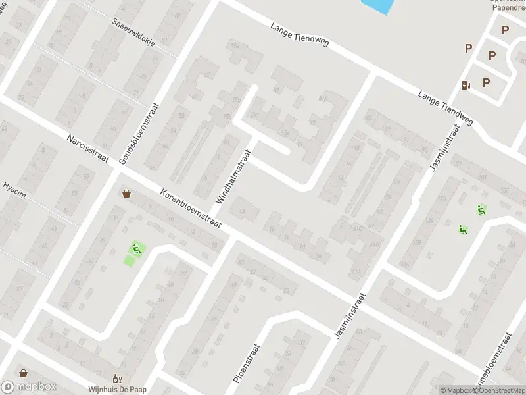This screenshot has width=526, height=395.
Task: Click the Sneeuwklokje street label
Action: pos(133,30)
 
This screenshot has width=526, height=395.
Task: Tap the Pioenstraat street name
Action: pos(247,363)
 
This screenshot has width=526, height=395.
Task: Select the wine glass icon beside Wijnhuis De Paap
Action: pos(117,379)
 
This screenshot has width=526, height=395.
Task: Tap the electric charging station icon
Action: pos(466,84)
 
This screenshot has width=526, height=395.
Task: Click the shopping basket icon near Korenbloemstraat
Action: pos(126,194)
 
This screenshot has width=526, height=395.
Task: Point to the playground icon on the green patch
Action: pos(136,248)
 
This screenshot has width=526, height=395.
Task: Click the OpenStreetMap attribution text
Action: pos(501,390)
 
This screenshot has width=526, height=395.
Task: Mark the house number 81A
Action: pos(322,99)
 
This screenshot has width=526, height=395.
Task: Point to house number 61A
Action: pos(356,271)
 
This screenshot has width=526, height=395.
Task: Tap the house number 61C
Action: pos(358,229)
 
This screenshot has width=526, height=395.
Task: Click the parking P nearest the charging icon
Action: pos(487,82)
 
